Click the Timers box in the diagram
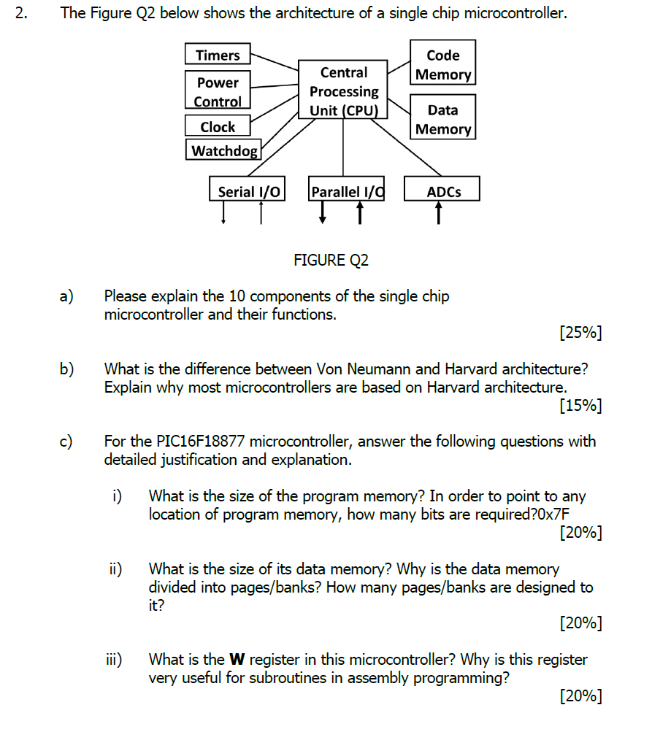point(218,55)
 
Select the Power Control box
point(218,92)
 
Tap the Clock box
point(218,126)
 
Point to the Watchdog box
point(224,151)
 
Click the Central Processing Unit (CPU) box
point(344,91)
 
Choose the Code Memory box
point(442,65)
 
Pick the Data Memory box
point(442,119)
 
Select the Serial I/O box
point(248,191)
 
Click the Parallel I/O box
point(347,191)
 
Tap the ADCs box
point(443,191)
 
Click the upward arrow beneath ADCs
point(439,213)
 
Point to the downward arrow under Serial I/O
point(223,213)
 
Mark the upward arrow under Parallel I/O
point(360,213)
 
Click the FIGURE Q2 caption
point(331,260)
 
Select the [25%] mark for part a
point(580,334)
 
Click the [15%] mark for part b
point(580,405)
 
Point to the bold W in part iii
point(237,660)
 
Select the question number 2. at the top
point(22,13)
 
